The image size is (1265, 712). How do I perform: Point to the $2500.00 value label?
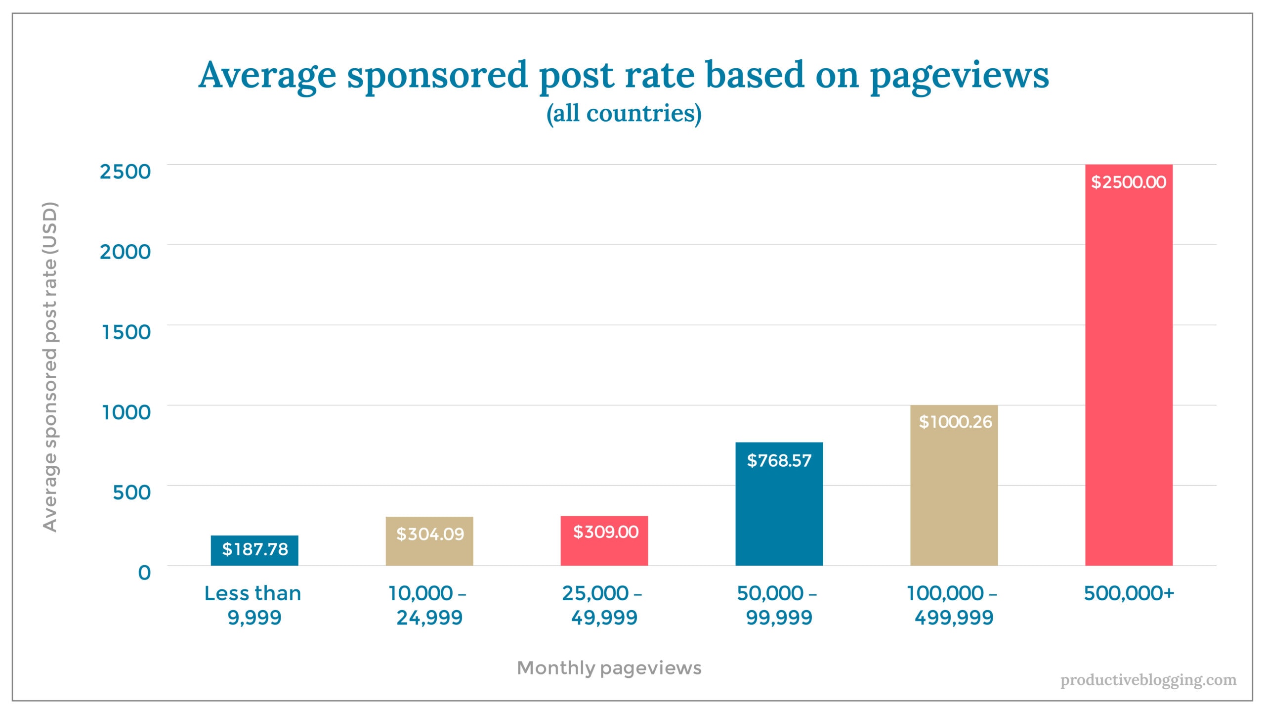(1129, 182)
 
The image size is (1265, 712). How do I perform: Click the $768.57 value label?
(779, 461)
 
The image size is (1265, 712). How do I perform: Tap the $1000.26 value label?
(955, 422)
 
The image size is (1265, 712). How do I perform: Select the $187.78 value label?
(254, 549)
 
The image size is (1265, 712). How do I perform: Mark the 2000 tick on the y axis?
(125, 252)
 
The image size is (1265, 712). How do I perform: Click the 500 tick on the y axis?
(131, 492)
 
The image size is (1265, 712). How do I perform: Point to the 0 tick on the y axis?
(144, 573)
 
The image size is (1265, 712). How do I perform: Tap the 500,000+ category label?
(1129, 593)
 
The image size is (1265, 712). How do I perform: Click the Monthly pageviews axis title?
(609, 668)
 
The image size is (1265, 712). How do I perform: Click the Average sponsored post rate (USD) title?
(50, 366)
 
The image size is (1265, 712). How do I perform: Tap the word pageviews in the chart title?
(959, 76)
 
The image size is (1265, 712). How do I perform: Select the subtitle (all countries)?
(624, 113)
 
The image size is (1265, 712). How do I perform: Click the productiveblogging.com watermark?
(1148, 680)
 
